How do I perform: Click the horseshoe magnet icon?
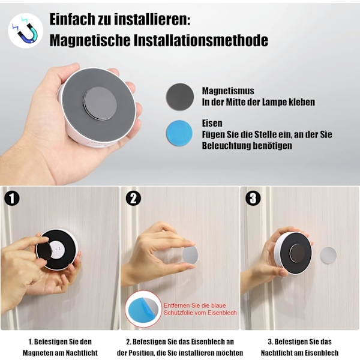26,31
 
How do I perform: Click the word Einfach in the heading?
72,20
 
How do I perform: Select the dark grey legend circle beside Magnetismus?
180,97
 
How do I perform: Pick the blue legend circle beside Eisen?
179,133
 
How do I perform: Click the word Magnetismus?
228,91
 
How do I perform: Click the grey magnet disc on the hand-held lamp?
100,104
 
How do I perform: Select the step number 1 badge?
12,199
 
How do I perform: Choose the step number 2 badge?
133,199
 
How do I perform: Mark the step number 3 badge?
253,198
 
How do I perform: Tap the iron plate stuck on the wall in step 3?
328,256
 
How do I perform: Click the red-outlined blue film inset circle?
143,309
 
